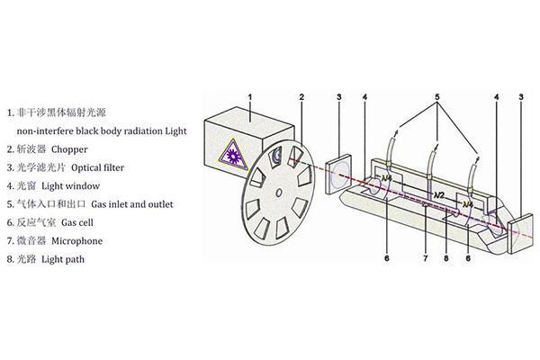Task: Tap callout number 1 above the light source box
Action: (249, 96)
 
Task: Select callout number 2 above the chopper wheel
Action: (303, 96)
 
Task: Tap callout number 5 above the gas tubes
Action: (438, 96)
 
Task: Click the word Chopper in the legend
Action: (70, 148)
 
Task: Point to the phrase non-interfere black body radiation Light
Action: (99, 130)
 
